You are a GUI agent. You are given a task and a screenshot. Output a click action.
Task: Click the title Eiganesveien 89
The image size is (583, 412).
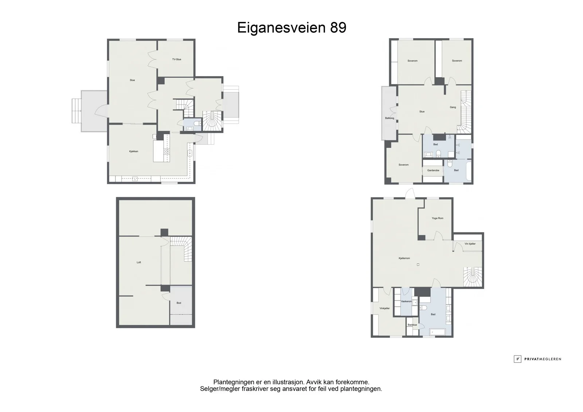tap(291, 28)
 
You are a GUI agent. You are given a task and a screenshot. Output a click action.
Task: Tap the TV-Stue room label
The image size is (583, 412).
tap(176, 59)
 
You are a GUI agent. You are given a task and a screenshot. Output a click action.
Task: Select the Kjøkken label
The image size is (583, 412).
tap(133, 152)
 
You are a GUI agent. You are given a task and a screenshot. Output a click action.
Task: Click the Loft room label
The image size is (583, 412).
tap(139, 262)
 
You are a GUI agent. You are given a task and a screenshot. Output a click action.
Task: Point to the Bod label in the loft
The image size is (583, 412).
tap(179, 303)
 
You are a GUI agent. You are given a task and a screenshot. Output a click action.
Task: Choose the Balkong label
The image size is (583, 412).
tap(390, 118)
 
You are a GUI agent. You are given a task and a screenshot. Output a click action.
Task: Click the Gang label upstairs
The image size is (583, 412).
tap(453, 107)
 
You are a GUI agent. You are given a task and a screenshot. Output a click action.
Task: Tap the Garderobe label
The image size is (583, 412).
tap(433, 170)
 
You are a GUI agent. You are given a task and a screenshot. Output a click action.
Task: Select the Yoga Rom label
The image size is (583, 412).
tap(438, 218)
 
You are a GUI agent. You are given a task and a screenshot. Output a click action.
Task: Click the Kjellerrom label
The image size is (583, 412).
tap(404, 258)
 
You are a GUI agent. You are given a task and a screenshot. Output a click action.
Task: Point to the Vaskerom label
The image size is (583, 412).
tap(406, 301)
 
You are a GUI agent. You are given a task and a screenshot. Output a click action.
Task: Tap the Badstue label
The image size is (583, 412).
tap(412, 325)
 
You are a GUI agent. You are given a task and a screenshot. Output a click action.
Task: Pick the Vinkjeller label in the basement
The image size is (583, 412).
tap(385, 309)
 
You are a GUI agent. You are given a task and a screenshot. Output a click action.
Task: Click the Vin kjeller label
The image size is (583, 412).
tap(470, 244)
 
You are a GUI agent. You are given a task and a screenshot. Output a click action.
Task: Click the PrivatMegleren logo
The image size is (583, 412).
tap(538, 359)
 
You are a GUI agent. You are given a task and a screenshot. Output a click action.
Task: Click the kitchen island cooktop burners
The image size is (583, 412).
tap(167, 152)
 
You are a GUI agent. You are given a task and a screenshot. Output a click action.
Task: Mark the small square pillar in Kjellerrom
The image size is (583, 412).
tap(418, 265)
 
